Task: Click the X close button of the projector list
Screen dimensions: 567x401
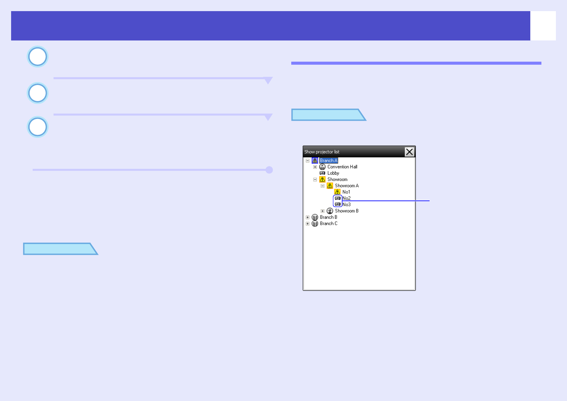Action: pyautogui.click(x=409, y=152)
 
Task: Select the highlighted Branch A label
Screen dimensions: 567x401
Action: pyautogui.click(x=329, y=160)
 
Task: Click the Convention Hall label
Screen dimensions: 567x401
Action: pyautogui.click(x=342, y=167)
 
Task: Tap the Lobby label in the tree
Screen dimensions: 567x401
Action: pyautogui.click(x=333, y=173)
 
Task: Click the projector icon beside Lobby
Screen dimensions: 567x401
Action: pyautogui.click(x=322, y=173)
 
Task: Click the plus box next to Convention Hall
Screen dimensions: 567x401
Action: pyautogui.click(x=315, y=167)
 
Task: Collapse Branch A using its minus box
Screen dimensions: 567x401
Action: pyautogui.click(x=307, y=161)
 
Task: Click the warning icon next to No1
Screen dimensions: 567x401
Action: pyautogui.click(x=337, y=192)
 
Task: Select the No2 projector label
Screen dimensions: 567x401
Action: pyautogui.click(x=346, y=198)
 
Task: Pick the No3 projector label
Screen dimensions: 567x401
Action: pyautogui.click(x=346, y=205)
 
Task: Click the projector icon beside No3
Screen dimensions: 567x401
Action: pyautogui.click(x=337, y=205)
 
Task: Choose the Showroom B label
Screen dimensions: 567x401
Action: pyautogui.click(x=346, y=211)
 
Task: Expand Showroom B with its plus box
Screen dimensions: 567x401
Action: pyautogui.click(x=323, y=211)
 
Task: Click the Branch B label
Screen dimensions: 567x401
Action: pyautogui.click(x=328, y=217)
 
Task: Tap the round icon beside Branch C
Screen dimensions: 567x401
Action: pyautogui.click(x=315, y=224)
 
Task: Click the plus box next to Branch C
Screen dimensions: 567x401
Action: pyautogui.click(x=307, y=224)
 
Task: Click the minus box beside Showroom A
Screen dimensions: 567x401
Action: pyautogui.click(x=323, y=186)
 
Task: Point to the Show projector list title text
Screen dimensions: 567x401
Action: pyautogui.click(x=322, y=152)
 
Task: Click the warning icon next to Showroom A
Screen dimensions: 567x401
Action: pyautogui.click(x=330, y=186)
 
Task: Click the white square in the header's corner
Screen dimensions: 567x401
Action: pyautogui.click(x=543, y=26)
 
